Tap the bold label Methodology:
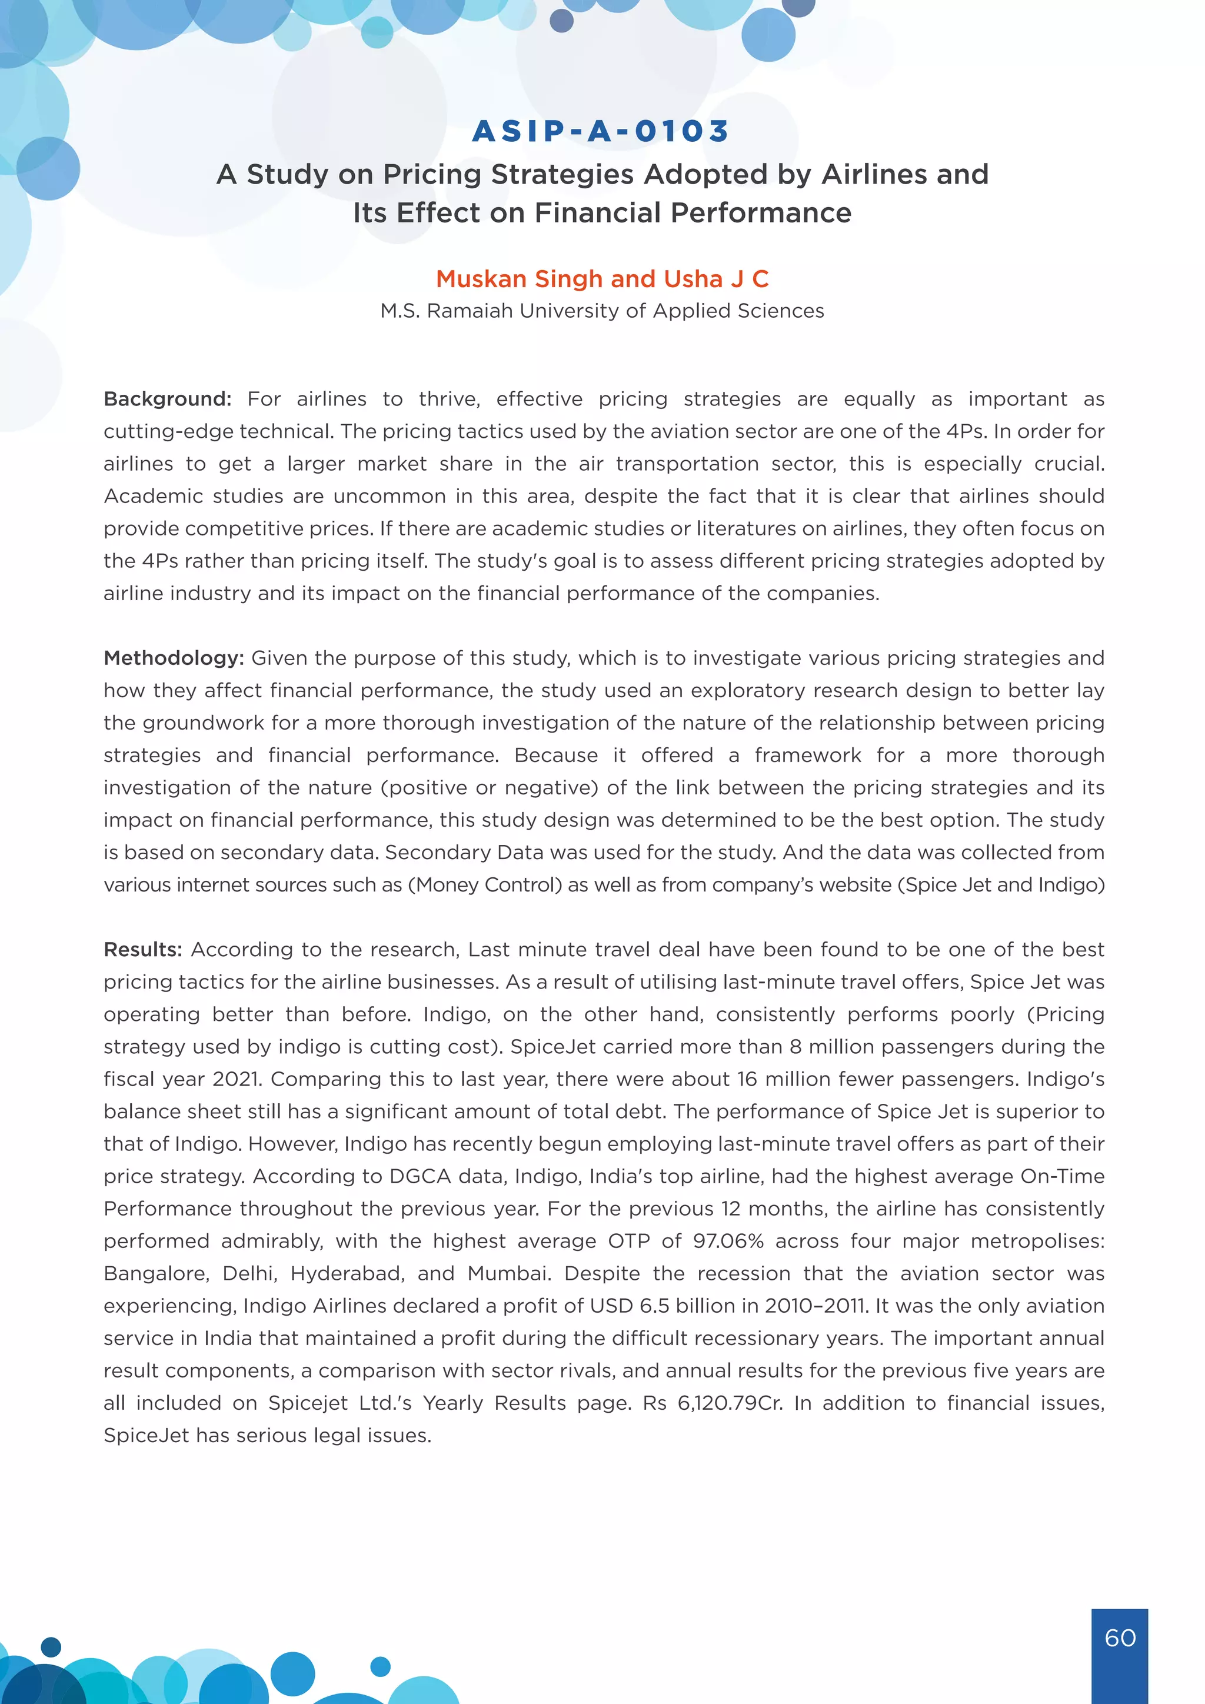coord(174,658)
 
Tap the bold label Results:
coord(143,950)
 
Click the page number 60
coord(1120,1638)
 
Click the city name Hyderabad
coord(347,1273)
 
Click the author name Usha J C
coord(716,279)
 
